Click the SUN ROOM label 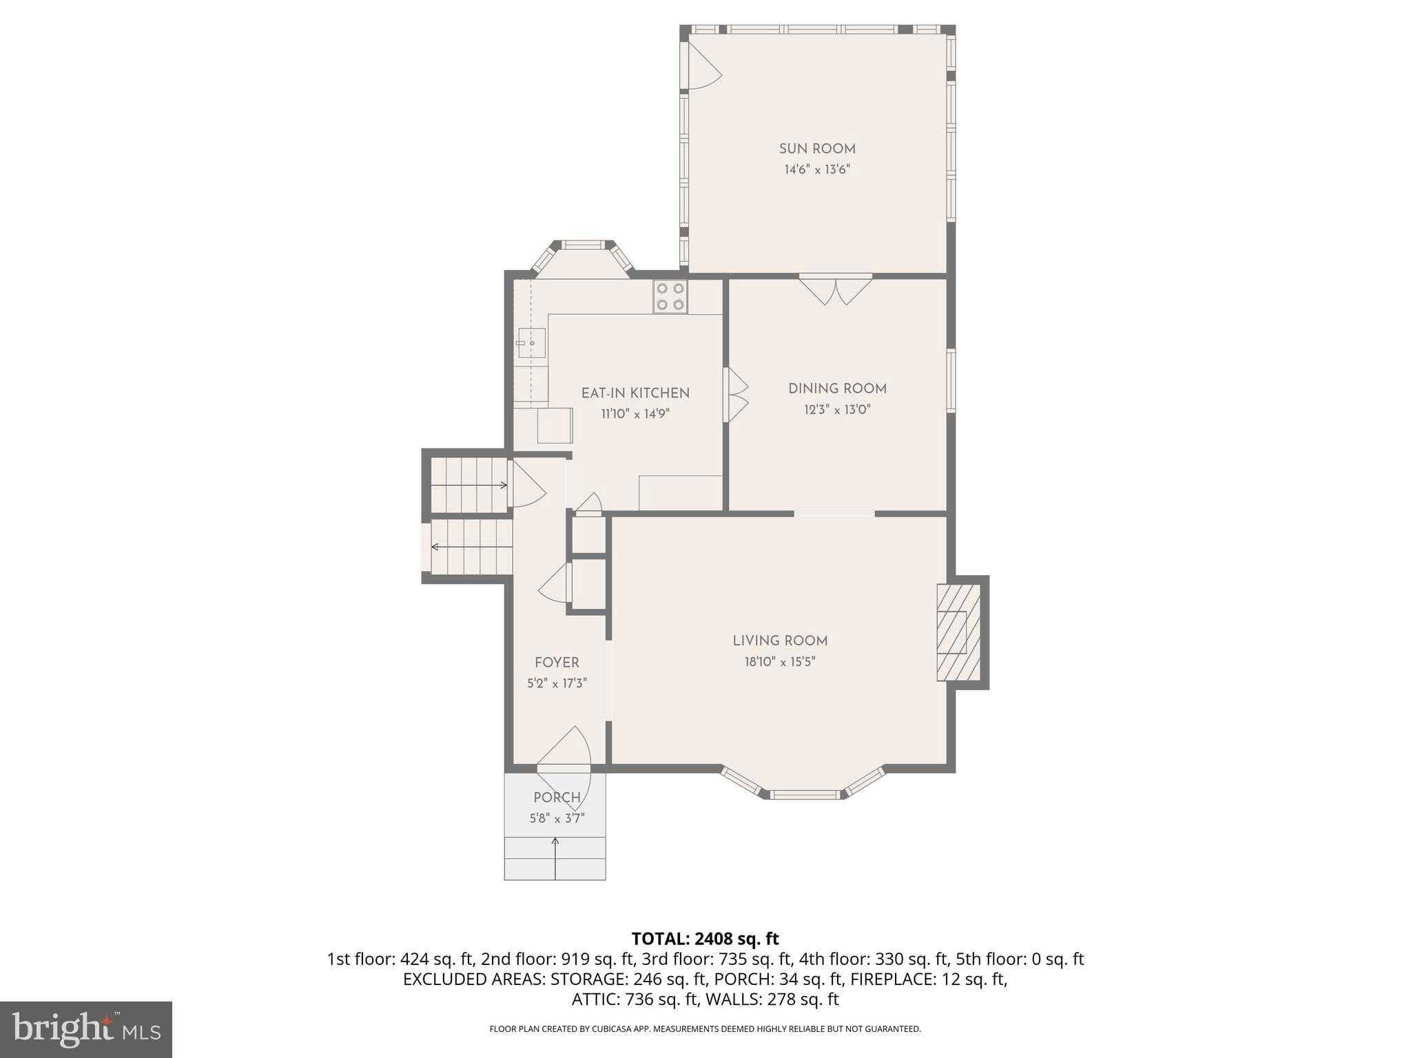point(817,149)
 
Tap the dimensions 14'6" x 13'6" point(817,169)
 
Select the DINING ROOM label point(837,388)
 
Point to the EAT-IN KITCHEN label point(635,393)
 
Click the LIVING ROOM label point(780,641)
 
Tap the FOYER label point(557,663)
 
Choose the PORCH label point(557,798)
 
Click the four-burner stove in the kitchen point(670,297)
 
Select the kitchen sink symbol point(531,342)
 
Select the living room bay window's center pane point(805,795)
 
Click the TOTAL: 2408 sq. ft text point(705,939)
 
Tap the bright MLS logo point(86,1030)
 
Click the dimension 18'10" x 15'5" point(780,662)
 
